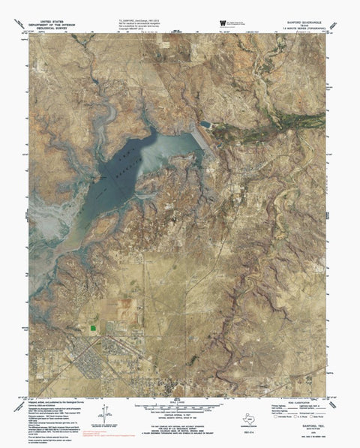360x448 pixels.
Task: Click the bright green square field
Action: (x=93, y=326)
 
